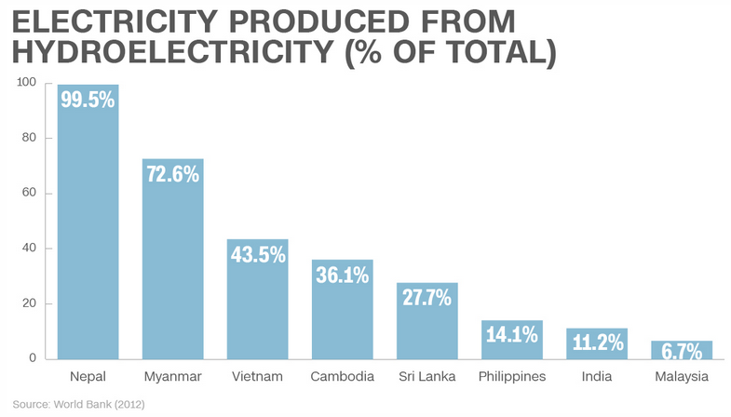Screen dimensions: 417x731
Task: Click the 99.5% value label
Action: (88, 100)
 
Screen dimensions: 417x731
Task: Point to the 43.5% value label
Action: (257, 254)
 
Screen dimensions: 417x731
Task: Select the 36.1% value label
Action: (342, 275)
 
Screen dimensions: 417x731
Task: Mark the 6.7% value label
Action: (682, 352)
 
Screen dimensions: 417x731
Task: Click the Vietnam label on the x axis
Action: (257, 377)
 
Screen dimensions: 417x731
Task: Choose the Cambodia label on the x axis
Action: (342, 377)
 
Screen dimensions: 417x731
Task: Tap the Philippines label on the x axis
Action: (511, 377)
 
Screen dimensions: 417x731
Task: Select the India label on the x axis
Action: (596, 377)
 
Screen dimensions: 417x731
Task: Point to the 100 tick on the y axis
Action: (26, 83)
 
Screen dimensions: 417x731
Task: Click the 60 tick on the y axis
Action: (29, 194)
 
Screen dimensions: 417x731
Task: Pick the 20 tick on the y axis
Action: (29, 303)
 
